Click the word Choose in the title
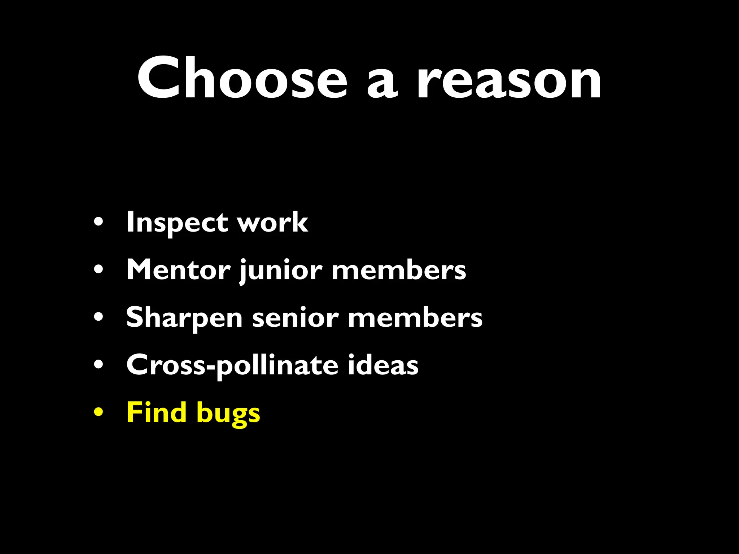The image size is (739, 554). [242, 78]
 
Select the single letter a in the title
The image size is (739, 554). [382, 83]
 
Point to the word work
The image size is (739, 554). [272, 223]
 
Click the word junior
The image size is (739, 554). [281, 271]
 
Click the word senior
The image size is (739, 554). [295, 318]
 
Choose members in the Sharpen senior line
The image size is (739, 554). [415, 317]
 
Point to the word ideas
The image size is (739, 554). [383, 365]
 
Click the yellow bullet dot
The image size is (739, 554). [99, 412]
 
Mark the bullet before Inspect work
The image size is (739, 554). [99, 222]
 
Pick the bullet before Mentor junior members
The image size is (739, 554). [99, 269]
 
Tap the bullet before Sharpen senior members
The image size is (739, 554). [99, 317]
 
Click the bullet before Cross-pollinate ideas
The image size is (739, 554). [99, 365]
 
